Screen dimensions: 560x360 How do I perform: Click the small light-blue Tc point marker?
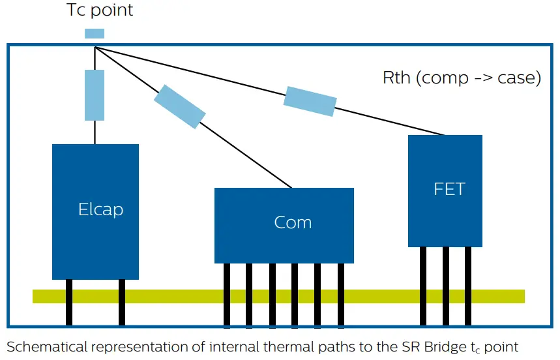coord(95,33)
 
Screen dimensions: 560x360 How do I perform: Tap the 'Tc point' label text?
coord(100,10)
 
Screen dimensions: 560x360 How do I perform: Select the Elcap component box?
coord(95,212)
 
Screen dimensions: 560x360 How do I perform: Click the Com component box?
coord(284,226)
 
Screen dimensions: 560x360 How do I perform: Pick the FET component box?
coord(445,191)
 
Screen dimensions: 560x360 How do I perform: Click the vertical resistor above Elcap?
coord(95,95)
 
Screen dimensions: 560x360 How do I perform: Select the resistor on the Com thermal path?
coord(180,106)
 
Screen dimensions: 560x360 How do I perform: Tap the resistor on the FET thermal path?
coord(310,101)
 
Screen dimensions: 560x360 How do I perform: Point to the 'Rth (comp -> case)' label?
coord(462,78)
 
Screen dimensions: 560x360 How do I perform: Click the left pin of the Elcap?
coord(69,303)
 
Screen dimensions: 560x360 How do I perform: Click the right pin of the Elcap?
coord(122,303)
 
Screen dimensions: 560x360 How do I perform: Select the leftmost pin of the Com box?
coord(227,295)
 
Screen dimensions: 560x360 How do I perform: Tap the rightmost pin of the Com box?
coord(341,295)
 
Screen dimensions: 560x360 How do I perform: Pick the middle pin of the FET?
coord(446,286)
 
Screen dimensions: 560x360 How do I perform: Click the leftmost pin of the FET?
coord(423,286)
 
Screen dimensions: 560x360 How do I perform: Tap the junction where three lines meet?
coord(95,47)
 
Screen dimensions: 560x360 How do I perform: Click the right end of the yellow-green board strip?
coord(524,297)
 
